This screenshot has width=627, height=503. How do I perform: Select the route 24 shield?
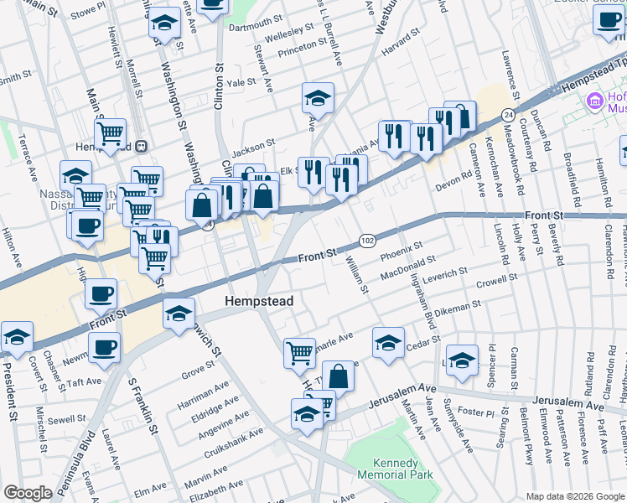(508, 113)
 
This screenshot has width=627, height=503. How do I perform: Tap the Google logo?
(28, 493)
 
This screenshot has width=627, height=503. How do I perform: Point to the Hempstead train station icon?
(142, 145)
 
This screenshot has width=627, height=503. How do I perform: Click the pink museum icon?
(595, 101)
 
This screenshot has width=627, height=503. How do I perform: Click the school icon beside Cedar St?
(388, 342)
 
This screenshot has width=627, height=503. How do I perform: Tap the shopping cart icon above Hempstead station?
(110, 132)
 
